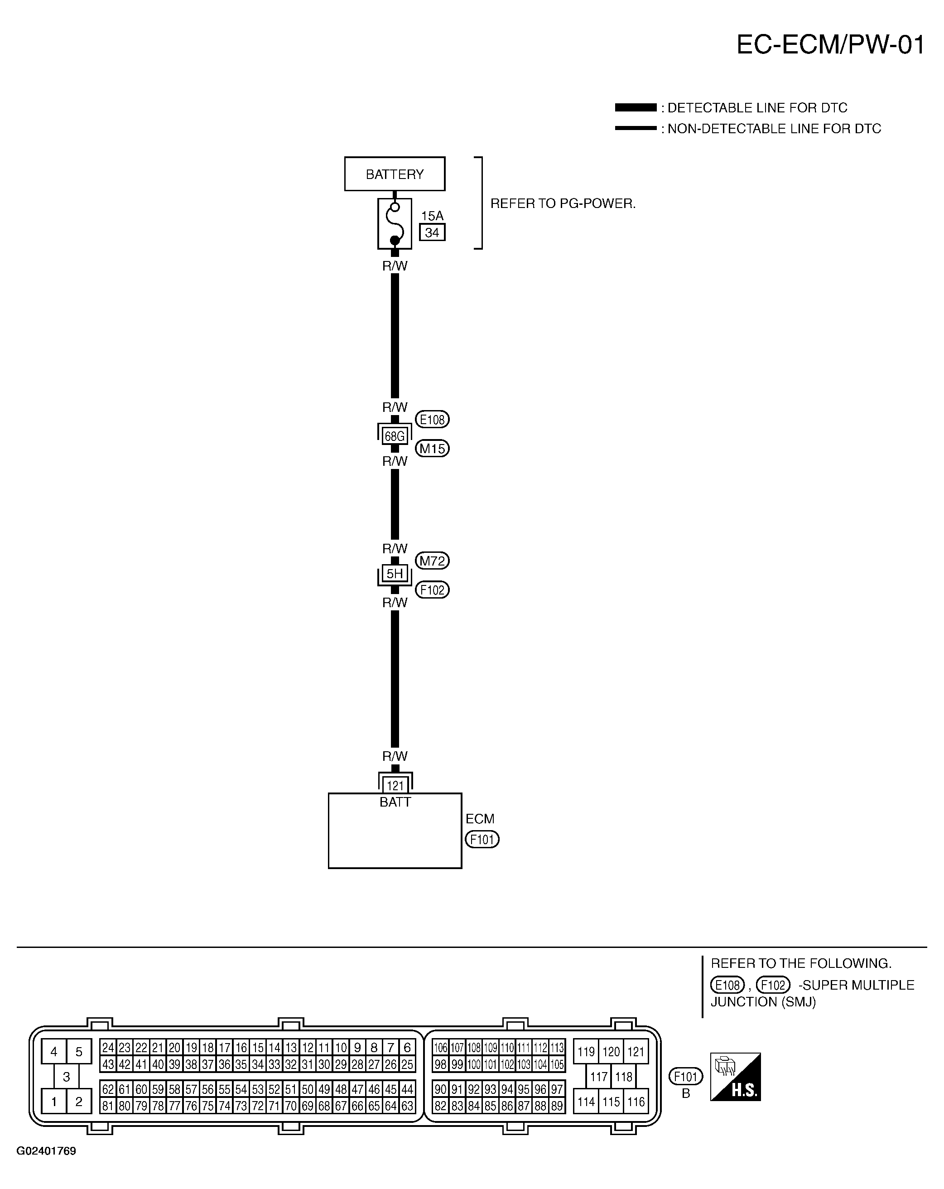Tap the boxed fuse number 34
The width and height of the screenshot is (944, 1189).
pyautogui.click(x=432, y=232)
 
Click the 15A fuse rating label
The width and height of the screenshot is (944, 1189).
pyautogui.click(x=432, y=216)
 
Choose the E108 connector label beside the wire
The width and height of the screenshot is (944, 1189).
pyautogui.click(x=432, y=420)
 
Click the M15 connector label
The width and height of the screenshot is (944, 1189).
pyautogui.click(x=432, y=448)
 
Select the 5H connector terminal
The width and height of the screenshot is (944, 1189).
pyautogui.click(x=395, y=574)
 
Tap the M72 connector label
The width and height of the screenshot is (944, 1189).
pyautogui.click(x=432, y=561)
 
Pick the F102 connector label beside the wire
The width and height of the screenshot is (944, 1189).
pyautogui.click(x=432, y=590)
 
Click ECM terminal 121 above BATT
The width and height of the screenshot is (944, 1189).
pyautogui.click(x=395, y=785)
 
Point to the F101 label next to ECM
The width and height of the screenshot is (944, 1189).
pyautogui.click(x=482, y=839)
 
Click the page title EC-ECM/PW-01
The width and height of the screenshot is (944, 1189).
pyautogui.click(x=830, y=45)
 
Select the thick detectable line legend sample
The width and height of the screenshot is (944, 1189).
pyautogui.click(x=636, y=107)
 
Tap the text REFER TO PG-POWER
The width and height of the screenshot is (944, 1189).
pyautogui.click(x=563, y=203)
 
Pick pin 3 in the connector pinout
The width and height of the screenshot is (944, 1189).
pyautogui.click(x=66, y=1077)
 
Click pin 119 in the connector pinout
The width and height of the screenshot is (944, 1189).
pyautogui.click(x=586, y=1052)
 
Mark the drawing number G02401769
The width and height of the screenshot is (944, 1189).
pyautogui.click(x=46, y=1151)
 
